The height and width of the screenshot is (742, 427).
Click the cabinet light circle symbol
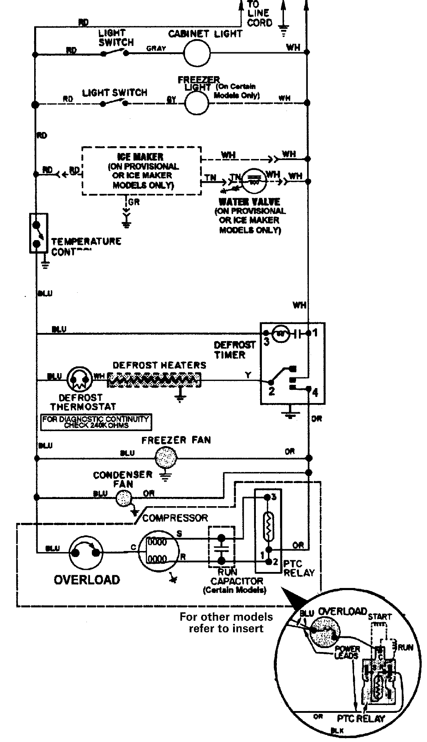pos(197,53)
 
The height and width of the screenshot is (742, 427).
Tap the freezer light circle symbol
pos(196,103)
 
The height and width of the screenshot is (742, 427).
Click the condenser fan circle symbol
pos(123,499)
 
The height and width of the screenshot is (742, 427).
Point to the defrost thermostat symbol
pos(80,380)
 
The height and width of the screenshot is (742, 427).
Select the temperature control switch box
pos(38,233)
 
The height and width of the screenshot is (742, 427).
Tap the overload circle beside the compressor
pos(85,552)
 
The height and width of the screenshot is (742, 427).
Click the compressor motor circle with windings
pos(158,552)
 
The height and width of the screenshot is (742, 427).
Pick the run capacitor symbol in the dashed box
pos(221,548)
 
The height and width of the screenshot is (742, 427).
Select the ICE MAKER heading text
pos(140,157)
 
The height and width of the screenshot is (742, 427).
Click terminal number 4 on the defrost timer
pos(315,393)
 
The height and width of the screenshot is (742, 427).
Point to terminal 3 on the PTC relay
pos(273,497)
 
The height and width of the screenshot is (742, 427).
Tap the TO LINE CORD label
pos(259,14)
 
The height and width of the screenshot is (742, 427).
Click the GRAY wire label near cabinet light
pos(156,48)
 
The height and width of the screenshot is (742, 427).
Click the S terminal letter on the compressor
pos(179,534)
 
